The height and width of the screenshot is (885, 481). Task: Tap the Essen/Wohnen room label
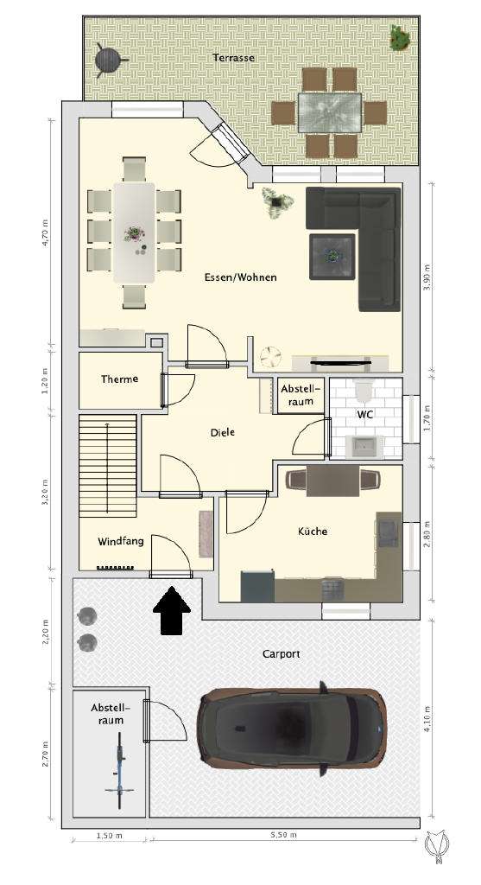pos(240,277)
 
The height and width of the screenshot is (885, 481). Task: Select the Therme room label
pos(119,379)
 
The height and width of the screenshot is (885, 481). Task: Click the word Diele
pos(222,433)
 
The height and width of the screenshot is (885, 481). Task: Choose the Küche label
pos(312,532)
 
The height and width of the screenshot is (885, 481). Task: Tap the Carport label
pos(281,654)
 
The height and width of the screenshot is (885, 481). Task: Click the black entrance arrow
pos(173,611)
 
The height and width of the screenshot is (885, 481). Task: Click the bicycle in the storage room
pos(118,774)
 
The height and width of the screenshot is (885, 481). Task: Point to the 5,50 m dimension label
pos(282,835)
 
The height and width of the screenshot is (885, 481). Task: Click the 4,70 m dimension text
pos(47,233)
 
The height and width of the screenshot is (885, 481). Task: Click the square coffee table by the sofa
pos(332,256)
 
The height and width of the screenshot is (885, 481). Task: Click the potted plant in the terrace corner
pos(399,37)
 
